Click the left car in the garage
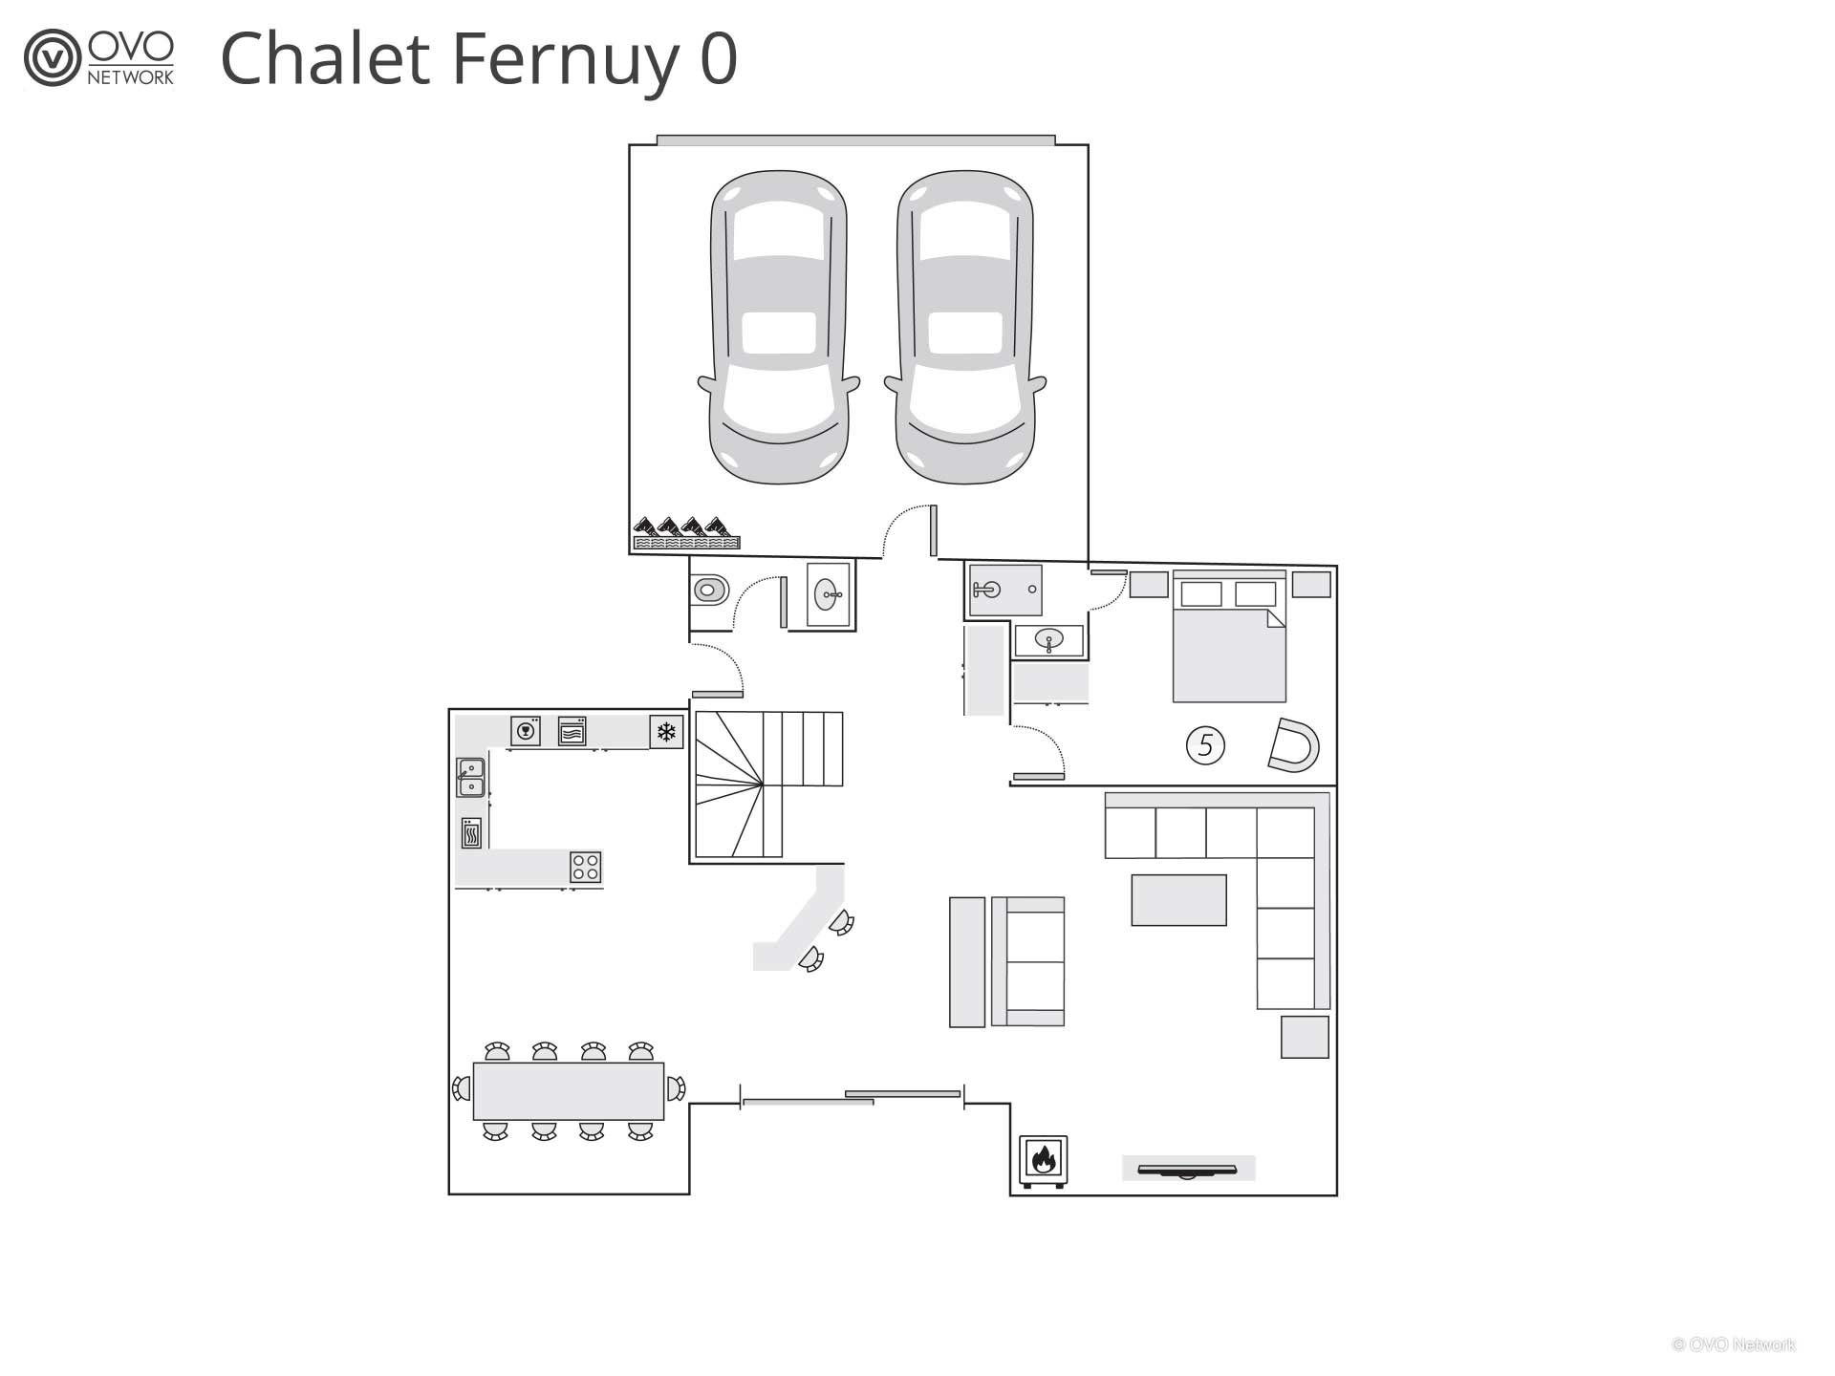tap(779, 328)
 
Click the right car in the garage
tap(965, 328)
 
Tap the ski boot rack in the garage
tap(686, 533)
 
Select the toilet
tap(709, 590)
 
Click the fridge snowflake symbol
tap(666, 732)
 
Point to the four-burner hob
tap(586, 868)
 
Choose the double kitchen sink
tap(470, 777)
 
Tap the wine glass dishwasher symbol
tap(525, 731)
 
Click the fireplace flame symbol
tap(1043, 1160)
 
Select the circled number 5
tap(1205, 744)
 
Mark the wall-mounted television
tap(1188, 1169)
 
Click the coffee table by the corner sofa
tap(1178, 900)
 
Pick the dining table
tap(569, 1090)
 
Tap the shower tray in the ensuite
tap(1005, 590)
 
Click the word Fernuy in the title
tap(564, 59)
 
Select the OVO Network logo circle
tap(52, 58)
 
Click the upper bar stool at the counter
tap(841, 922)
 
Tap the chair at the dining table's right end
tap(676, 1088)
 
